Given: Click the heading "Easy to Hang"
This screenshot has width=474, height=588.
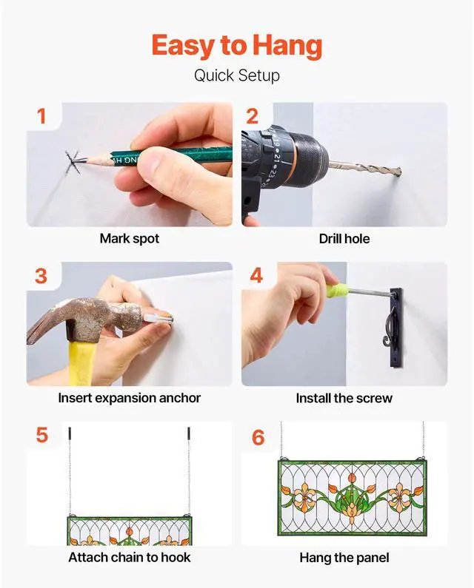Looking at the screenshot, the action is pyautogui.click(x=237, y=45).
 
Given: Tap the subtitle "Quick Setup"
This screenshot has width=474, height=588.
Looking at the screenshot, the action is pyautogui.click(x=237, y=75).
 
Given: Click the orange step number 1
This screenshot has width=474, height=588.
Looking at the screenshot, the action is pyautogui.click(x=41, y=116).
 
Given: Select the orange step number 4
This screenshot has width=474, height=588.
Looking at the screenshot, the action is pyautogui.click(x=256, y=276).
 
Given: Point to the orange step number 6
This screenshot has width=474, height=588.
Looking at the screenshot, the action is pyautogui.click(x=258, y=438).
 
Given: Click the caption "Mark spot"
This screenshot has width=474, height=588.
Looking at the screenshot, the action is pyautogui.click(x=130, y=239).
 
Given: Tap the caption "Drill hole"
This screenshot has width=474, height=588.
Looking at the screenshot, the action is pyautogui.click(x=344, y=239).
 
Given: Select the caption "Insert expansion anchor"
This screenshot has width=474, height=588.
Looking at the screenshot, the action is pyautogui.click(x=130, y=398).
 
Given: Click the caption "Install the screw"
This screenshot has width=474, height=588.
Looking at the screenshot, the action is pyautogui.click(x=344, y=398).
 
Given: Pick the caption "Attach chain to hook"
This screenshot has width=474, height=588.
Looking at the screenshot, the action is pyautogui.click(x=130, y=557).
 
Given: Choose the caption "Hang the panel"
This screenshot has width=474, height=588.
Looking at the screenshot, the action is pyautogui.click(x=344, y=558).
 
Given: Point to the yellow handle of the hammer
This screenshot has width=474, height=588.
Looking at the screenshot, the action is pyautogui.click(x=80, y=362).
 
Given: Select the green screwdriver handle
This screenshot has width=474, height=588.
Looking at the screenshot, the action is pyautogui.click(x=336, y=290).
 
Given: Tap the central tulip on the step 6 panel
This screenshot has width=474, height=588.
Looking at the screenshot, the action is pyautogui.click(x=352, y=478).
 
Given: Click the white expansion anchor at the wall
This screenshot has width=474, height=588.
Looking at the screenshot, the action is pyautogui.click(x=158, y=318).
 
